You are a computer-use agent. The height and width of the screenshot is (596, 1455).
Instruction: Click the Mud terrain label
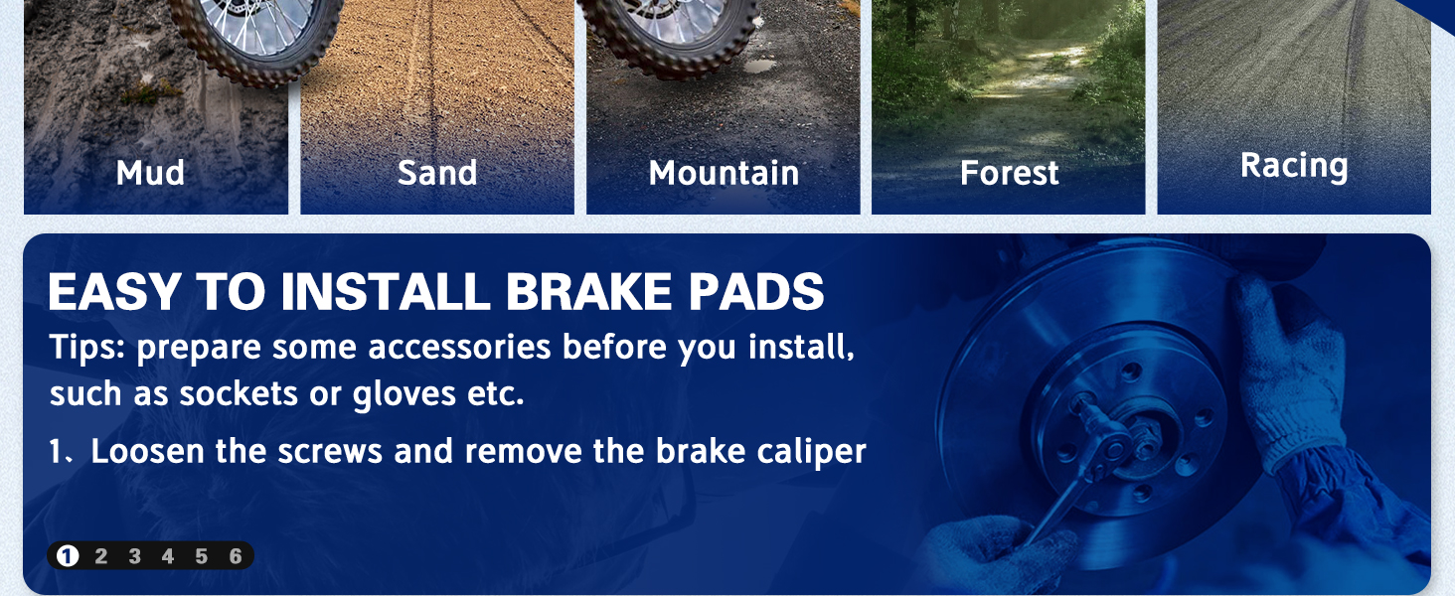coord(150,173)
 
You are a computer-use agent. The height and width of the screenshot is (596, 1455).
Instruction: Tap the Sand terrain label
coord(437,173)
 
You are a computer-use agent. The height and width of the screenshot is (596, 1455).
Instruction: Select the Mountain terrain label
coord(724,174)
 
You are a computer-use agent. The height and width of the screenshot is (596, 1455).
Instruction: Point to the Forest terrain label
coord(1010,174)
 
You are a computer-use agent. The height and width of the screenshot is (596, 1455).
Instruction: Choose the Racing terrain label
coord(1294,166)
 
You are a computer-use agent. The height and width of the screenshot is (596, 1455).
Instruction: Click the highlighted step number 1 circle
coord(68,555)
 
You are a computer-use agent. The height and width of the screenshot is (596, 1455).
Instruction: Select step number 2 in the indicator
coord(100,556)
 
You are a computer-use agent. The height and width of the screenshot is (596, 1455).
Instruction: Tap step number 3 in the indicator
coord(134,556)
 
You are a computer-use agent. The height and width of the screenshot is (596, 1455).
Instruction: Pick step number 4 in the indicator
coord(168,556)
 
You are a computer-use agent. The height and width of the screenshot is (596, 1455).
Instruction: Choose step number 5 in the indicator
coord(202,556)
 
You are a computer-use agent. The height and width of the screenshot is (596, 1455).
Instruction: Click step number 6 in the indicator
coord(236,556)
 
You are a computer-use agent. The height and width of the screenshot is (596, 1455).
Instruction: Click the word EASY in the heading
coord(114,291)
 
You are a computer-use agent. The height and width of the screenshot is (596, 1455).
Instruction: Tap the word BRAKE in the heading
coord(588,291)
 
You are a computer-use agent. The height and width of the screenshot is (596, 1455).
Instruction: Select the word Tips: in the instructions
coord(87,347)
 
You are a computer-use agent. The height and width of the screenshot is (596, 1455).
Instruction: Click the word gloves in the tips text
coord(404,394)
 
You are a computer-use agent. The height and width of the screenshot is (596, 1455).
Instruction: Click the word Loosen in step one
coord(147,451)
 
